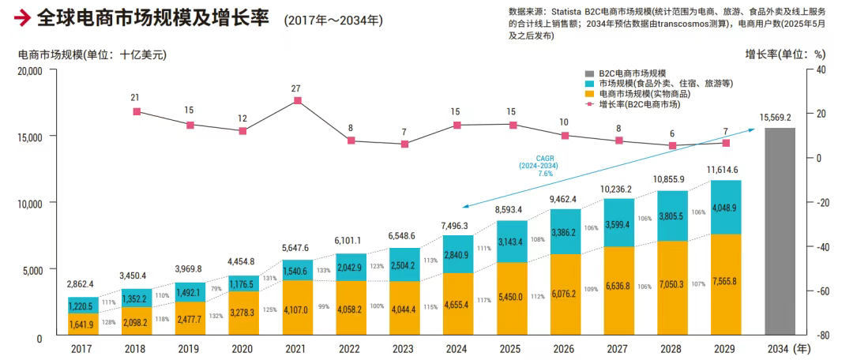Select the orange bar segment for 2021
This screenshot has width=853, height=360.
[297, 308]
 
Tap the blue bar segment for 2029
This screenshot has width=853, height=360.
[725, 207]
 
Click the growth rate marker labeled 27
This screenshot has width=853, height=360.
[297, 100]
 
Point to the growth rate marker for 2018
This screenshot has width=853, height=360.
[137, 112]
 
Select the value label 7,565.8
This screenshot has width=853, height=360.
[725, 283]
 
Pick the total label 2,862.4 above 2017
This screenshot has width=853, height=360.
[81, 283]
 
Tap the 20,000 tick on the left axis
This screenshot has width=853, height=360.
[29, 70]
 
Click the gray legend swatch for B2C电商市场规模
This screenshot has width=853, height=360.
[589, 72]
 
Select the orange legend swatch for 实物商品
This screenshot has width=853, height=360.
[589, 93]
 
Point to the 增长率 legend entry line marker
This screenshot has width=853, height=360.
[589, 104]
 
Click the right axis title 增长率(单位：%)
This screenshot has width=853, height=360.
[785, 54]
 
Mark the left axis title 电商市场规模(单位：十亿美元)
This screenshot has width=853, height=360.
[92, 54]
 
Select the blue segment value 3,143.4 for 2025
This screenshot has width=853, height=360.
[512, 241]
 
